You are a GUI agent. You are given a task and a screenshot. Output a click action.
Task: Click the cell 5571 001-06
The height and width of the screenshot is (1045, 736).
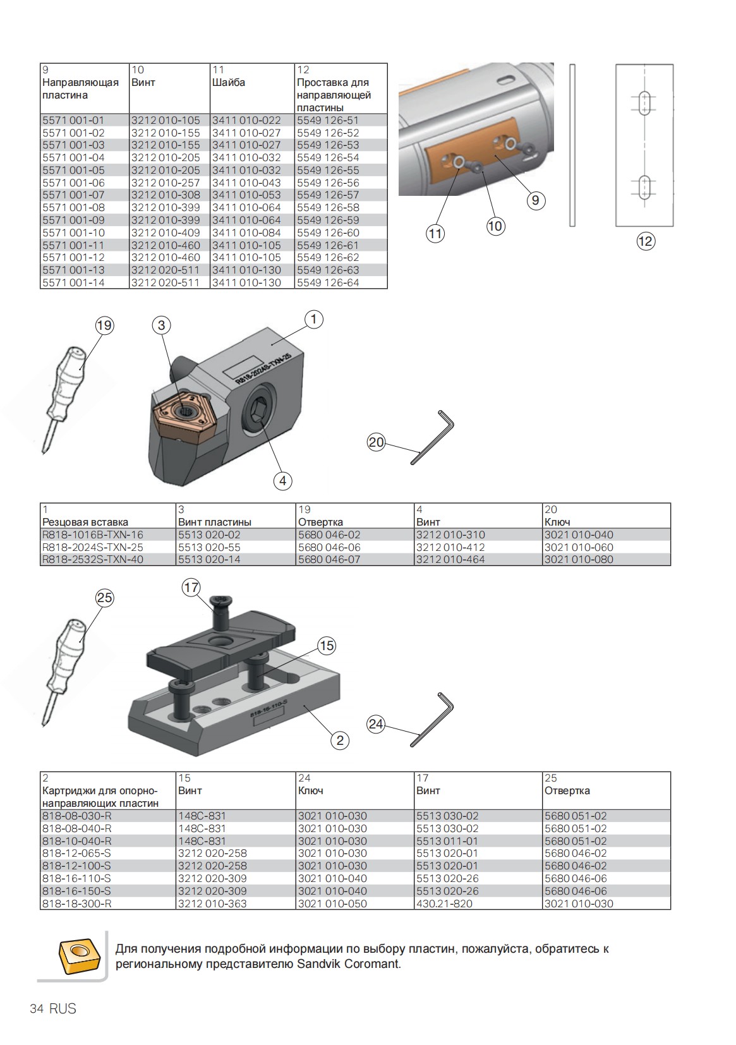tap(73, 183)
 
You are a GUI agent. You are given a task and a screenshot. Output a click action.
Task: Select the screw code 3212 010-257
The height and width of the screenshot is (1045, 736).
tap(166, 183)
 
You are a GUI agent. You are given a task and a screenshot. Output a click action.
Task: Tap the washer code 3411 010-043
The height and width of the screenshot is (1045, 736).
tap(246, 183)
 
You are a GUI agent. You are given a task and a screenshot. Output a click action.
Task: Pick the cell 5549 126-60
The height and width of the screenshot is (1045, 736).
tap(328, 233)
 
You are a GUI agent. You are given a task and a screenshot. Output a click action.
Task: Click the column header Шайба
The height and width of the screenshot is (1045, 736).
tap(229, 83)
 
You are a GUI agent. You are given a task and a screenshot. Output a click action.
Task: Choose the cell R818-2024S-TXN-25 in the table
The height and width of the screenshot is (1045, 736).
tap(93, 547)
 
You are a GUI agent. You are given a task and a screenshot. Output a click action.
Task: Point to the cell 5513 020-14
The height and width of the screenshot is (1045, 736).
tap(209, 560)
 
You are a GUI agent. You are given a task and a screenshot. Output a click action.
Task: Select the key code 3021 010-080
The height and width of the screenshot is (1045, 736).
tap(579, 560)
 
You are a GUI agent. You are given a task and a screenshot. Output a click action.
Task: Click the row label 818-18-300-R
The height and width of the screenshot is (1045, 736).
tap(76, 903)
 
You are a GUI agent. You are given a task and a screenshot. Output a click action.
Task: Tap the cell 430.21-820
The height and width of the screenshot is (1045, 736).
tap(444, 903)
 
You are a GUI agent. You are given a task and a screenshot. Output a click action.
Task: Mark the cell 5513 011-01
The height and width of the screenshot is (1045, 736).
tap(447, 841)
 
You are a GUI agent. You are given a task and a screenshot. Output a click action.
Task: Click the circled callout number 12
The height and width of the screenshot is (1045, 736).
tap(645, 241)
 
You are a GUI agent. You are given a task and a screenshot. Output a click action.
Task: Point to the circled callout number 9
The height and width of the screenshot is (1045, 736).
tap(535, 200)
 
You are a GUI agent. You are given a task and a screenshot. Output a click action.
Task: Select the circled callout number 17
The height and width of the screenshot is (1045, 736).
tap(191, 588)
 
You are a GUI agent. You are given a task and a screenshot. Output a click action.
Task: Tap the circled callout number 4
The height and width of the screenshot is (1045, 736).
tap(282, 481)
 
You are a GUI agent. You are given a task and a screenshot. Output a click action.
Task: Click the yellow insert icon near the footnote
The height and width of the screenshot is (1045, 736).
tap(78, 956)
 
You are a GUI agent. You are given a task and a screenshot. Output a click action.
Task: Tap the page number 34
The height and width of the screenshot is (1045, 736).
tap(37, 1009)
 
